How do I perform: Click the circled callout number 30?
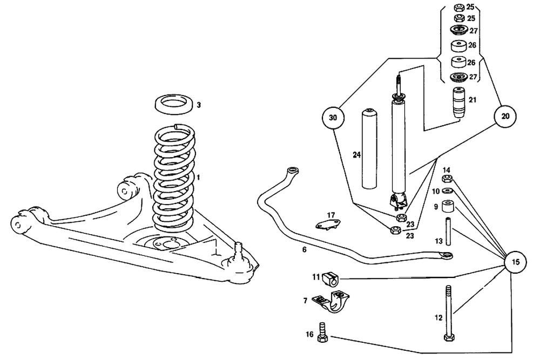coord(333,117)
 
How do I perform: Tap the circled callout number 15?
coord(515,262)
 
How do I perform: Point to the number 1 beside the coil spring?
coord(198,178)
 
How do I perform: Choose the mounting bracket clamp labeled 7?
coord(330,301)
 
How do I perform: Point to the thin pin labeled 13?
coord(448,230)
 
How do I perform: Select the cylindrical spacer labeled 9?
coord(448,207)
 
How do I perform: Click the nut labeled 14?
coord(447,179)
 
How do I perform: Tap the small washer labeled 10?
coord(447,191)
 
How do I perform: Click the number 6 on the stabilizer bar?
coord(304,250)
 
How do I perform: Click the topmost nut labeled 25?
coord(458,8)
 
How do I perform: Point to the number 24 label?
coord(356,155)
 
